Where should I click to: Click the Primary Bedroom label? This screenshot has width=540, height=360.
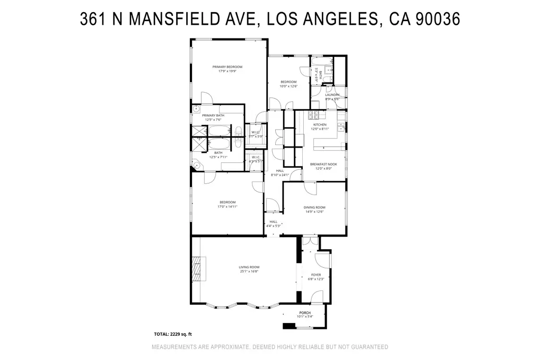point(227,66)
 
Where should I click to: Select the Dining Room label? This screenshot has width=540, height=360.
point(315,207)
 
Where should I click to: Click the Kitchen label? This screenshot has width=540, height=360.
point(320,124)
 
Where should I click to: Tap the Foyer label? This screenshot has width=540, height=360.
point(316,275)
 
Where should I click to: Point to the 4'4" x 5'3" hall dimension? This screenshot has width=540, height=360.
point(274,226)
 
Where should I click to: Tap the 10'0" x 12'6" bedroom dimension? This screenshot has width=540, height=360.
point(288,86)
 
